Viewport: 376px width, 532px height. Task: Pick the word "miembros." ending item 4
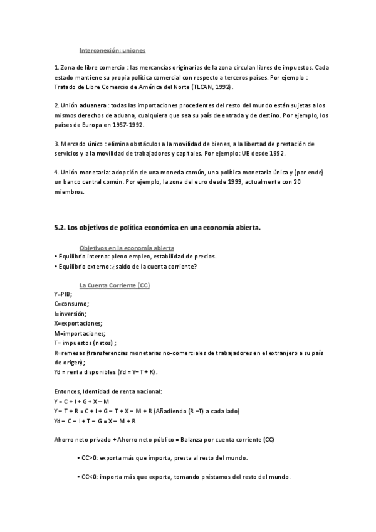click(x=68, y=192)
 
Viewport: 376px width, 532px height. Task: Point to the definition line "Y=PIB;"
click(x=63, y=294)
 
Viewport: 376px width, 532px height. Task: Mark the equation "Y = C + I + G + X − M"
click(x=81, y=401)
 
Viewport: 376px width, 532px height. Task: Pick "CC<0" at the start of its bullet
click(x=88, y=477)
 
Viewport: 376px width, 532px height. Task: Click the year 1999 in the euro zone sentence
click(x=225, y=182)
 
